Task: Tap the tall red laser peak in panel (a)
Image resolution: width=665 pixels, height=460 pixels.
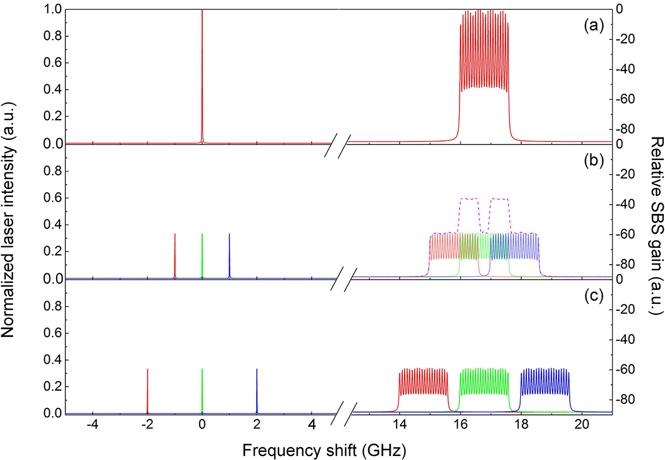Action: click(x=202, y=75)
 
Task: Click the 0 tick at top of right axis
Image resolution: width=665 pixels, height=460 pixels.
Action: click(x=620, y=9)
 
